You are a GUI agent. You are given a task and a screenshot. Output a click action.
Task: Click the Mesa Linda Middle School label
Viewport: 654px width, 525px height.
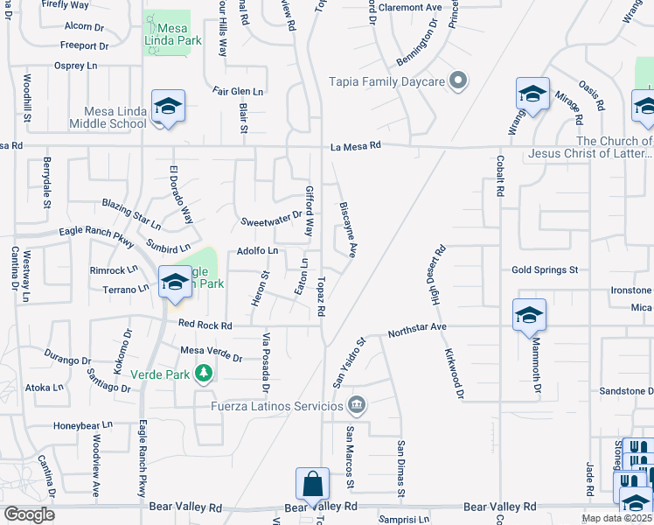click(x=115, y=117)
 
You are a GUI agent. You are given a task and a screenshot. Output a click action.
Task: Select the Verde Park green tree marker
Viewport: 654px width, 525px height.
click(x=204, y=374)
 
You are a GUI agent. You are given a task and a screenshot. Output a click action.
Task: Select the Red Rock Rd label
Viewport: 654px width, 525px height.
click(x=205, y=325)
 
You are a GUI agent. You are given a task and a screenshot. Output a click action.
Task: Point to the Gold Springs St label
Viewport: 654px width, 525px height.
click(x=546, y=270)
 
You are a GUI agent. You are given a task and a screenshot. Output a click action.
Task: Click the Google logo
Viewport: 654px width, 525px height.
click(x=29, y=514)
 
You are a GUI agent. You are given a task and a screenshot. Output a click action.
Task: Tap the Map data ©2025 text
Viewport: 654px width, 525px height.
click(x=616, y=518)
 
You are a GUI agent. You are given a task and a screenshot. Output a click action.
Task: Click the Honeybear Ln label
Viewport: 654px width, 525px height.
click(x=83, y=425)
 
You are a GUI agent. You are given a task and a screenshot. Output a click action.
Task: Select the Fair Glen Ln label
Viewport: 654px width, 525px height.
click(x=238, y=90)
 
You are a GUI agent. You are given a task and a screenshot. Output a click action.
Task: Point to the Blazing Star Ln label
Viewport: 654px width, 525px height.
click(x=131, y=213)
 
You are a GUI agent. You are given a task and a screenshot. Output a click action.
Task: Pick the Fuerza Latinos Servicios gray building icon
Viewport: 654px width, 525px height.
click(x=357, y=404)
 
